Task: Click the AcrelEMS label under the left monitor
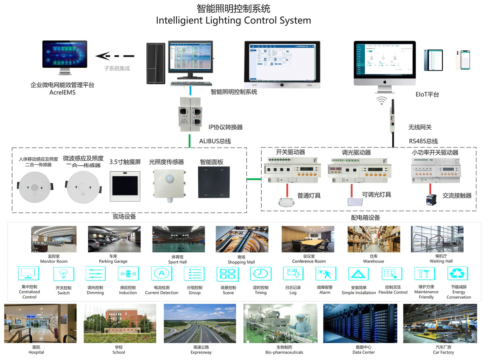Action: (62, 93)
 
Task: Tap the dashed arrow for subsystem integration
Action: (115, 56)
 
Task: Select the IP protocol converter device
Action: (190, 114)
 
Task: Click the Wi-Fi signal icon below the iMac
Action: (382, 101)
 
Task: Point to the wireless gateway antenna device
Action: (393, 116)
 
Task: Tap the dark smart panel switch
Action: (214, 182)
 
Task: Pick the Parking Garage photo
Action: (114, 239)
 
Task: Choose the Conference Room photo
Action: (308, 239)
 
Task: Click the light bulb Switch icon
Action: (64, 274)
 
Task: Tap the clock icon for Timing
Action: (260, 274)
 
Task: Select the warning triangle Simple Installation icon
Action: (358, 274)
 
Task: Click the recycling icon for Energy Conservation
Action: (457, 274)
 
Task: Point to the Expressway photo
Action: (200, 323)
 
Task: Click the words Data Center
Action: (364, 352)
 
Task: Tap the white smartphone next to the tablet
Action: (463, 60)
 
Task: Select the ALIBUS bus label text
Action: (215, 141)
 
